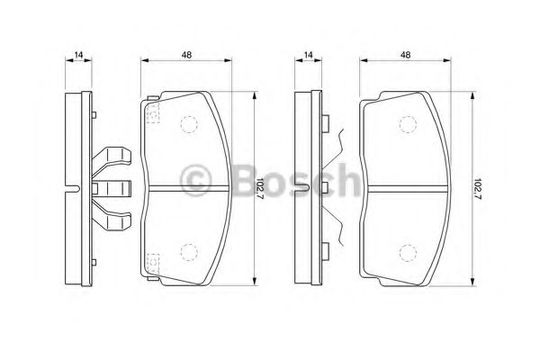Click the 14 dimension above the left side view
(79, 55)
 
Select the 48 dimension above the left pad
(186, 55)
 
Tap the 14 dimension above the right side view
(309, 55)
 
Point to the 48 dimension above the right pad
(405, 55)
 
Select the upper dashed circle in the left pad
(190, 125)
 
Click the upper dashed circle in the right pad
(407, 125)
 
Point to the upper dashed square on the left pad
(152, 112)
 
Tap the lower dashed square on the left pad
(152, 262)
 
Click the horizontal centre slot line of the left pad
(187, 188)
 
